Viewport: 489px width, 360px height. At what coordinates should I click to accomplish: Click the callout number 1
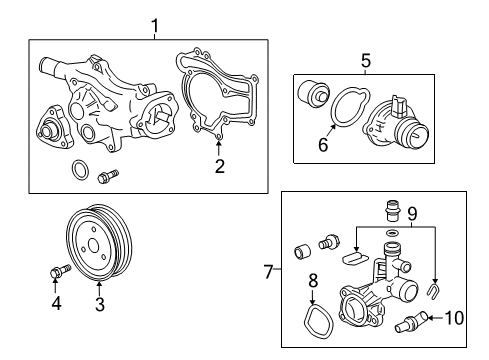154,23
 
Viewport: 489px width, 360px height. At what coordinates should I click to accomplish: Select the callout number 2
219,166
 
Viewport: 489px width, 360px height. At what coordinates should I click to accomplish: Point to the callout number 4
57,303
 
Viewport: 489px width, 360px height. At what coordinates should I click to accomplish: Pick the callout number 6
323,145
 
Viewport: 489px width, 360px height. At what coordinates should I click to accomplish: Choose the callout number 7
268,272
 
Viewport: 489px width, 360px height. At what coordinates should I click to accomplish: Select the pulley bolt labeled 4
57,270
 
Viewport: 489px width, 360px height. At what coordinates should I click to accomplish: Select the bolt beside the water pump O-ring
106,178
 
